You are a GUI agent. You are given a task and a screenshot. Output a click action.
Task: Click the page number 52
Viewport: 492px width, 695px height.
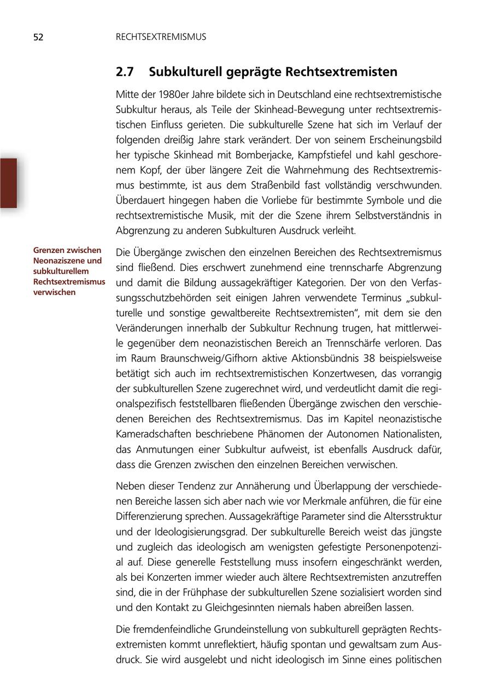(38, 37)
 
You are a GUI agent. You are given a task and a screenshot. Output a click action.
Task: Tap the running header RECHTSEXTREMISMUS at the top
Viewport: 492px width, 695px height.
(161, 37)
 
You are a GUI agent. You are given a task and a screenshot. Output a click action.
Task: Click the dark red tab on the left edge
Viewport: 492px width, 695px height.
(8, 183)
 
